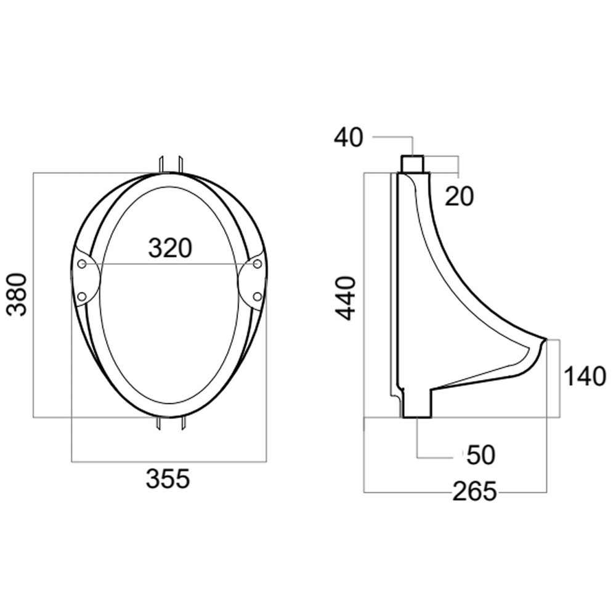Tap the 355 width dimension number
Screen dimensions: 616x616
pos(168,479)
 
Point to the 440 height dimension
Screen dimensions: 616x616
pos(346,298)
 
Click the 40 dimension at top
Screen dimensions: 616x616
pos(349,137)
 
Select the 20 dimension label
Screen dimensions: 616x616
pos(459,197)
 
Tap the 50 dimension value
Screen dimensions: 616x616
pos(480,455)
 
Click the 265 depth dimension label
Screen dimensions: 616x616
pos(474,492)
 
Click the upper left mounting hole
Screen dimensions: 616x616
pos(82,264)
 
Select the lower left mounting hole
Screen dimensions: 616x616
pos(81,297)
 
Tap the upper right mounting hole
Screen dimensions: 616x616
pos(257,264)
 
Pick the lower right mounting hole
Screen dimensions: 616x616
pos(257,297)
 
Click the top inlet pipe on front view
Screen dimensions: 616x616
pos(170,163)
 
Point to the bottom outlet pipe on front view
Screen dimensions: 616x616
pos(170,425)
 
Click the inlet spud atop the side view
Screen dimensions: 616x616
pos(413,163)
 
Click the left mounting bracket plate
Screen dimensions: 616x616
pos(86,281)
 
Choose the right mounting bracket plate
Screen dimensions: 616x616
pos(253,281)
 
